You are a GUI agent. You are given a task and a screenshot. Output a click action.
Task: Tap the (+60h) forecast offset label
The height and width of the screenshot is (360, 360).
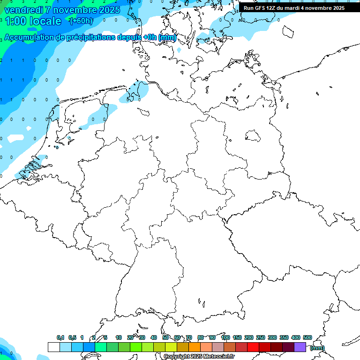pyautogui.click(x=81, y=21)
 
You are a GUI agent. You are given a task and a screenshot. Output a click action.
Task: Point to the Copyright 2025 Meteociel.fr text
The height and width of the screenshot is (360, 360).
pyautogui.click(x=199, y=357)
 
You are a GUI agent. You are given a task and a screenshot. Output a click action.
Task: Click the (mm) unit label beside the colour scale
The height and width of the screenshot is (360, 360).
pyautogui.click(x=317, y=348)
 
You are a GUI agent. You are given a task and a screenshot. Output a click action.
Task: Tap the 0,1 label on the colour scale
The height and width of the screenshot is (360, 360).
pyautogui.click(x=60, y=338)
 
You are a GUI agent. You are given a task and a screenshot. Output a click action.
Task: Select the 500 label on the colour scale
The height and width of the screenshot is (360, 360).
pyautogui.click(x=307, y=338)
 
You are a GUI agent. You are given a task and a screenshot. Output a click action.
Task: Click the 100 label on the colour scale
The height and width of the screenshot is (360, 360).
pyautogui.click(x=225, y=338)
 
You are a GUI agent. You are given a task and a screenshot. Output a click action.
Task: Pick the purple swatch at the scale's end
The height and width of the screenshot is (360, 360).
pyautogui.click(x=300, y=347)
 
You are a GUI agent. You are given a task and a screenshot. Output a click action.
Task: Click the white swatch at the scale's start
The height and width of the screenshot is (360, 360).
pyautogui.click(x=53, y=347)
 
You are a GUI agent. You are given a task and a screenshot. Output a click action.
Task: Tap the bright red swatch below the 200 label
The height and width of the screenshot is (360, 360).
pyautogui.click(x=253, y=347)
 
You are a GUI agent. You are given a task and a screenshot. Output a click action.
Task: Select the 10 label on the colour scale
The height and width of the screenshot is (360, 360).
pyautogui.click(x=119, y=338)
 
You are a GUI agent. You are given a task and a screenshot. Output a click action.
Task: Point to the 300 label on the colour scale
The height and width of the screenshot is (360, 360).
pyautogui.click(x=272, y=338)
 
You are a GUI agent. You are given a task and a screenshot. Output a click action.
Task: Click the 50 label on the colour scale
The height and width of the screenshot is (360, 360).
pyautogui.click(x=165, y=338)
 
